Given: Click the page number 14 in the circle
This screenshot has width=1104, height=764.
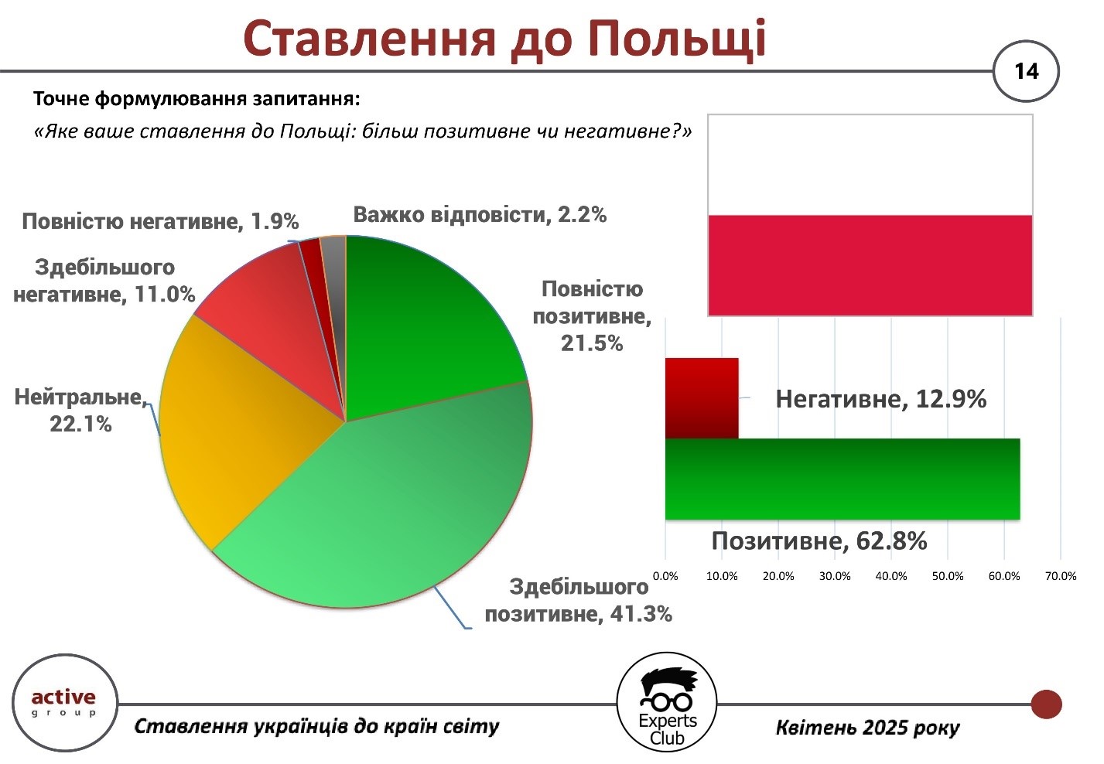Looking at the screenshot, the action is click(x=1026, y=71).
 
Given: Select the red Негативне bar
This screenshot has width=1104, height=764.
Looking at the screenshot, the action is click(x=702, y=398).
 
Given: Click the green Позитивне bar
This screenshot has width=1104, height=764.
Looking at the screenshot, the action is click(x=843, y=479).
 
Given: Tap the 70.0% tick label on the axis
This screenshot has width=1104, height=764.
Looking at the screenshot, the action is click(x=1061, y=576).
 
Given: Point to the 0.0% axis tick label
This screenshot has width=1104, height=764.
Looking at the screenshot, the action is click(x=665, y=576).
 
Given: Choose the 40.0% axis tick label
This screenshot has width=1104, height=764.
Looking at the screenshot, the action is click(x=891, y=576).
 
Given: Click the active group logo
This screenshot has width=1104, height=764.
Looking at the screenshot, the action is click(x=64, y=702).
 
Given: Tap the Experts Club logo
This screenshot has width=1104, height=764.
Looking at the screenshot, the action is click(x=667, y=702).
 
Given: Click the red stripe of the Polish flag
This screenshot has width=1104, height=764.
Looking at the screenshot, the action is click(x=870, y=265).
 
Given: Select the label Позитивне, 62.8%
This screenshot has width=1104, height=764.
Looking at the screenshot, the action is click(x=819, y=541).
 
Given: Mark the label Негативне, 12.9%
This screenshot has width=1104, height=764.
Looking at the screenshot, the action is click(x=881, y=399).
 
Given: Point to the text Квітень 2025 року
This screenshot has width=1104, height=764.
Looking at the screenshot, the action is click(x=868, y=728).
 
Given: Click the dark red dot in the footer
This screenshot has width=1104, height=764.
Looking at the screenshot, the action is click(x=1046, y=704).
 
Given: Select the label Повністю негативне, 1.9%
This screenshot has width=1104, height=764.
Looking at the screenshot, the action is click(x=161, y=221).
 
